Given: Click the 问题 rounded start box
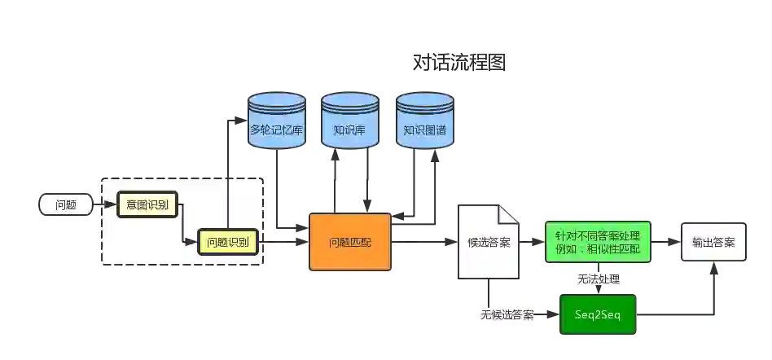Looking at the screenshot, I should click(x=66, y=204).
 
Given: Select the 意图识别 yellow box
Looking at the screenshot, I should click(x=147, y=204).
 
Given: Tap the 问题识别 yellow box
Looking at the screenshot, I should click(x=228, y=242).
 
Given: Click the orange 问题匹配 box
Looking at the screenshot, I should click(x=349, y=242).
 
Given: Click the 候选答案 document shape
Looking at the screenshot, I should click(x=488, y=241).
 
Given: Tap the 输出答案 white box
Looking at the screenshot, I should click(x=713, y=242).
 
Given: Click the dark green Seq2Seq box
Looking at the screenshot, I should click(x=598, y=314).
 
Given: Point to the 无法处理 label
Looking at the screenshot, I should click(x=598, y=279).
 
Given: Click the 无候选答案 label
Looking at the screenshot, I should click(x=506, y=314).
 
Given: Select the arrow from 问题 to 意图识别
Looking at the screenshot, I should click(x=105, y=204).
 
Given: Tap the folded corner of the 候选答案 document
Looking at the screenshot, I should click(x=510, y=213).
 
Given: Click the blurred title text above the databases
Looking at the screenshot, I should click(x=458, y=63).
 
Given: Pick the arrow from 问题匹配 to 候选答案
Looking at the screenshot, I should click(x=423, y=242).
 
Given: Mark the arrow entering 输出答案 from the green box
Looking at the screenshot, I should click(x=666, y=242).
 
